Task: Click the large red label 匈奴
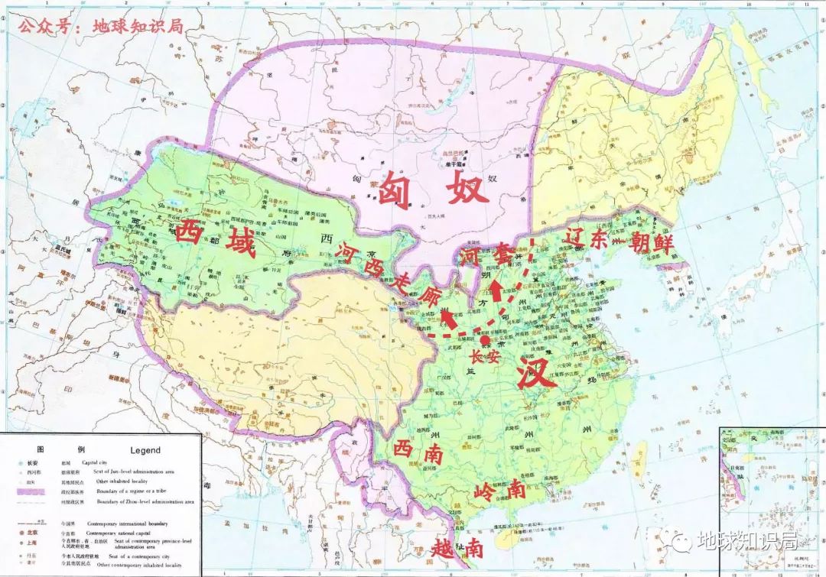click(432, 187)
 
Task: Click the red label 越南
click(457, 546)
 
